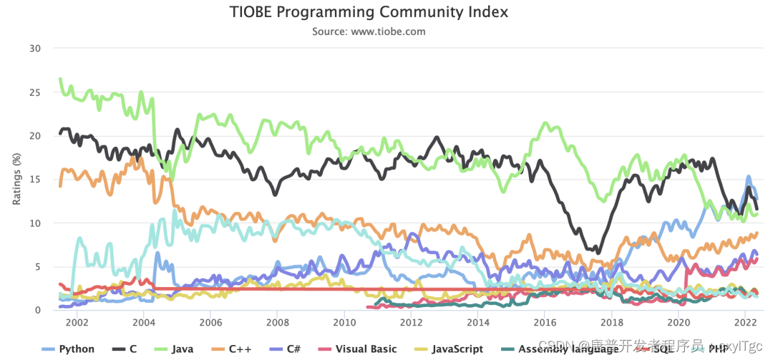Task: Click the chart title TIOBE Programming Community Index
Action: [x=369, y=12]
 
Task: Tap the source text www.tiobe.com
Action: [x=369, y=31]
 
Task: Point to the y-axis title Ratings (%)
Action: [x=16, y=180]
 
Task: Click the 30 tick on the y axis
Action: [x=35, y=49]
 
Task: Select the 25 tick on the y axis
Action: [x=35, y=92]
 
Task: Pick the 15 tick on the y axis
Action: [x=35, y=180]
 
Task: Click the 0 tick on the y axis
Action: [x=38, y=310]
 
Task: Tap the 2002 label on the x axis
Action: [x=77, y=322]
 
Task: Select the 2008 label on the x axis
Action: [x=277, y=322]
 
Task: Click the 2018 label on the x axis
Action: [x=611, y=322]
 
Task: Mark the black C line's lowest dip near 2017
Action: [x=598, y=252]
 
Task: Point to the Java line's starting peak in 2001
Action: [x=60, y=79]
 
